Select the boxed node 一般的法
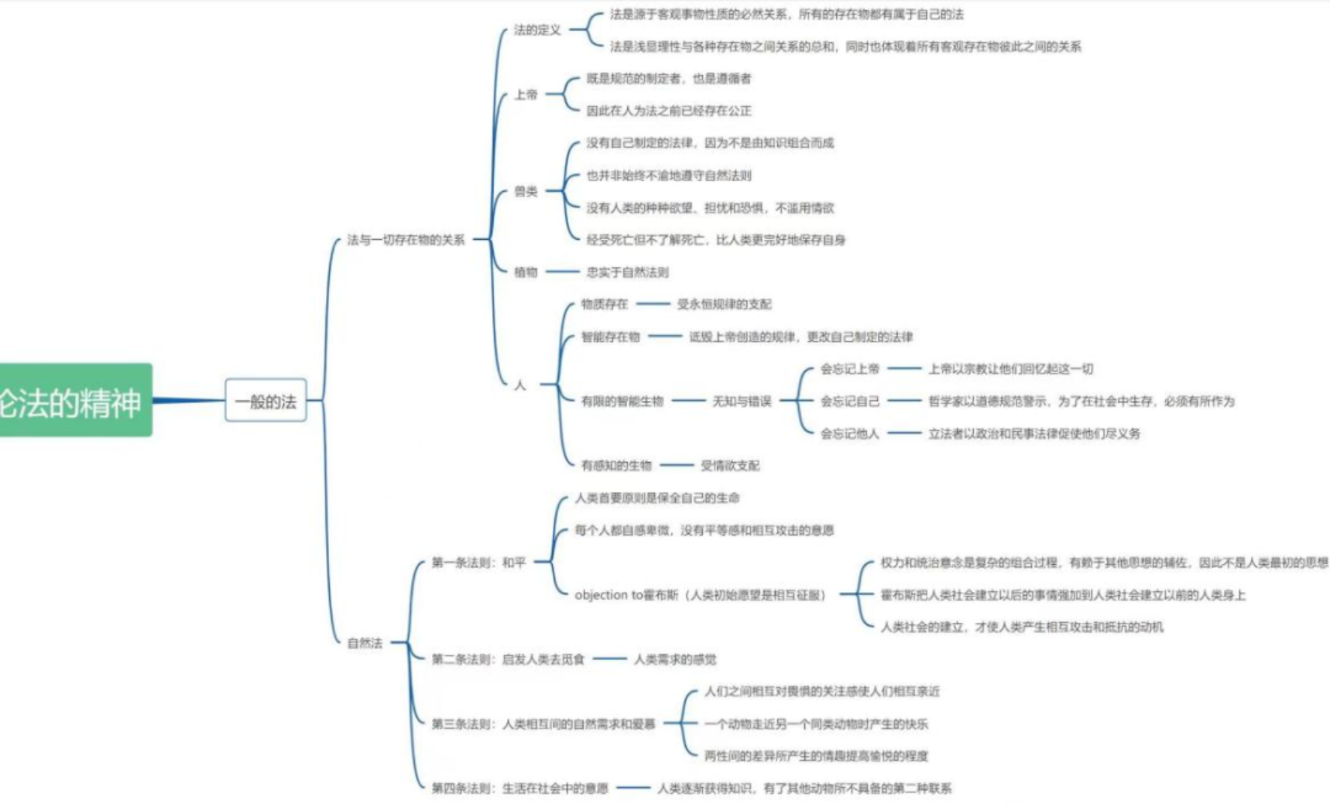coord(266,401)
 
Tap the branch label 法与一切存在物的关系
coord(406,240)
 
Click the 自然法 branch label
coord(365,643)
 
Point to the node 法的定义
coord(537,30)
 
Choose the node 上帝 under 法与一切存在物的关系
coord(526,94)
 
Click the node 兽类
coord(526,191)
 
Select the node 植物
coord(526,272)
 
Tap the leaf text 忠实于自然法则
coord(627,272)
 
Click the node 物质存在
coord(605,304)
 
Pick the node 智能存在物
coord(611,337)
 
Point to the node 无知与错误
coord(742,401)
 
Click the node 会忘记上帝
coord(850,369)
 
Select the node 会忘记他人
coord(850,433)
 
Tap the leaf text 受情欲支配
coord(730,466)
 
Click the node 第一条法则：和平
coord(478,563)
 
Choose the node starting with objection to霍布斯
coord(700,595)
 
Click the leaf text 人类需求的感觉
coord(675,659)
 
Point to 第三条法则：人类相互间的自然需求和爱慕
coord(543,724)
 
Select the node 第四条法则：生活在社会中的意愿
coord(519,789)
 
